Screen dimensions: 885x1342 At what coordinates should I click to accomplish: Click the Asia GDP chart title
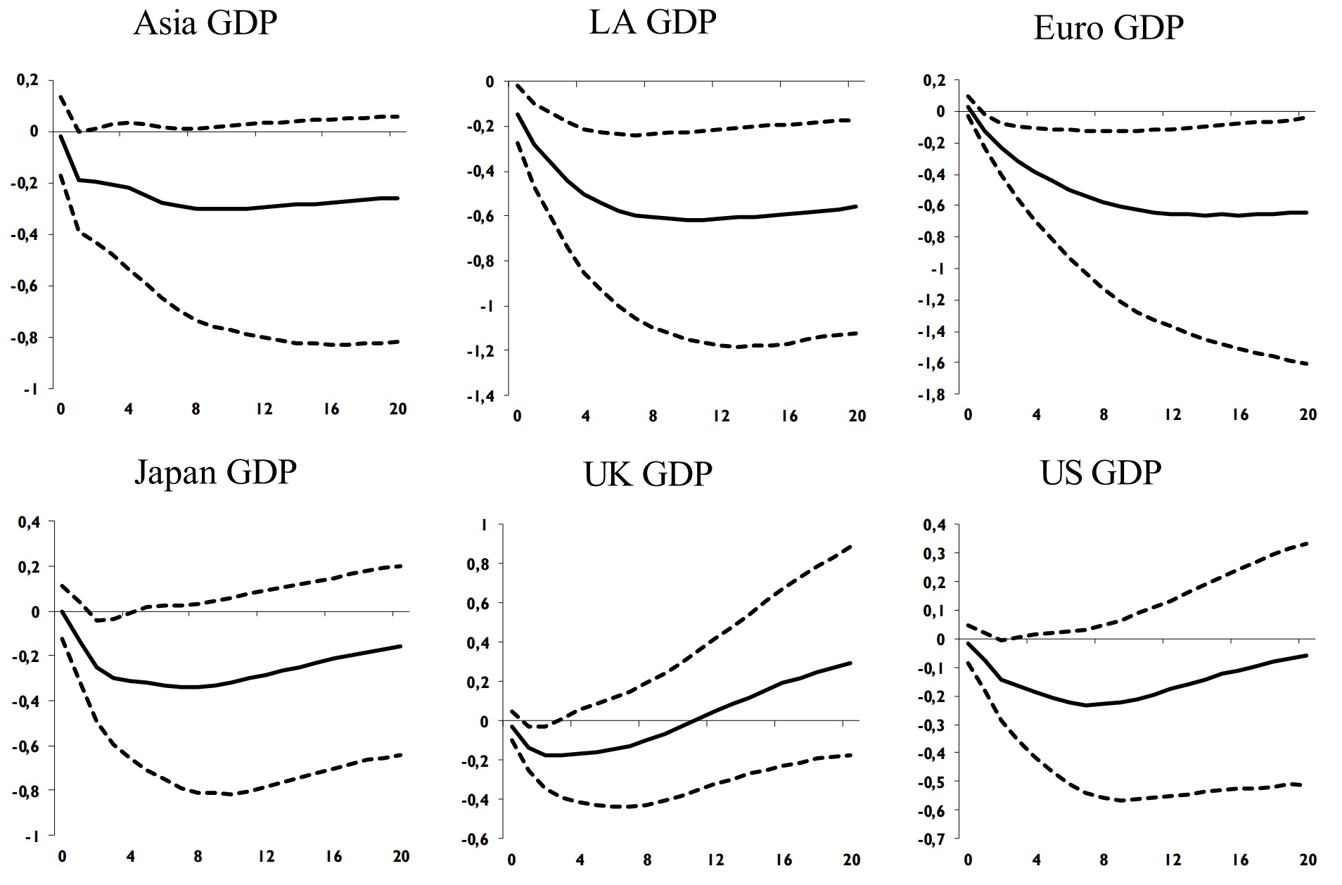click(205, 23)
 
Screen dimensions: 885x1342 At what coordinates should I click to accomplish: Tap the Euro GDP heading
click(1108, 28)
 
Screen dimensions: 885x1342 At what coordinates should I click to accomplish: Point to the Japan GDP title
click(215, 472)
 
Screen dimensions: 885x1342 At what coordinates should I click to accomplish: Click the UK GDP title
click(648, 474)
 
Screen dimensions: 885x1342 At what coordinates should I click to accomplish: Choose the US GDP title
click(1100, 473)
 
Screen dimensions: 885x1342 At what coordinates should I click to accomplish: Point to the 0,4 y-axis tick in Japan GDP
click(28, 521)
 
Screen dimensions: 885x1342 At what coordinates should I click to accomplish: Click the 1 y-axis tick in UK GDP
click(483, 525)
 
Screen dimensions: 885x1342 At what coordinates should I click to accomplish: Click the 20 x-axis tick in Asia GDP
click(398, 409)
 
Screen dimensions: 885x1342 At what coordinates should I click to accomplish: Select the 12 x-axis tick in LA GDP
click(721, 416)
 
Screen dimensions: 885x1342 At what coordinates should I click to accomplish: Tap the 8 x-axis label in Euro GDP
click(1104, 415)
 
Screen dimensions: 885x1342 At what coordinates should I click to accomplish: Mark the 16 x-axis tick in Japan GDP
click(333, 856)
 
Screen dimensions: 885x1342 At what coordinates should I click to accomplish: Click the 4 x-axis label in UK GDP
click(580, 860)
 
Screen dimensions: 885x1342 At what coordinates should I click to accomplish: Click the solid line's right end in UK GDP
click(851, 663)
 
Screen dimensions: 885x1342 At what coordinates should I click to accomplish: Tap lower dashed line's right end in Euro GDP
click(1307, 364)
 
